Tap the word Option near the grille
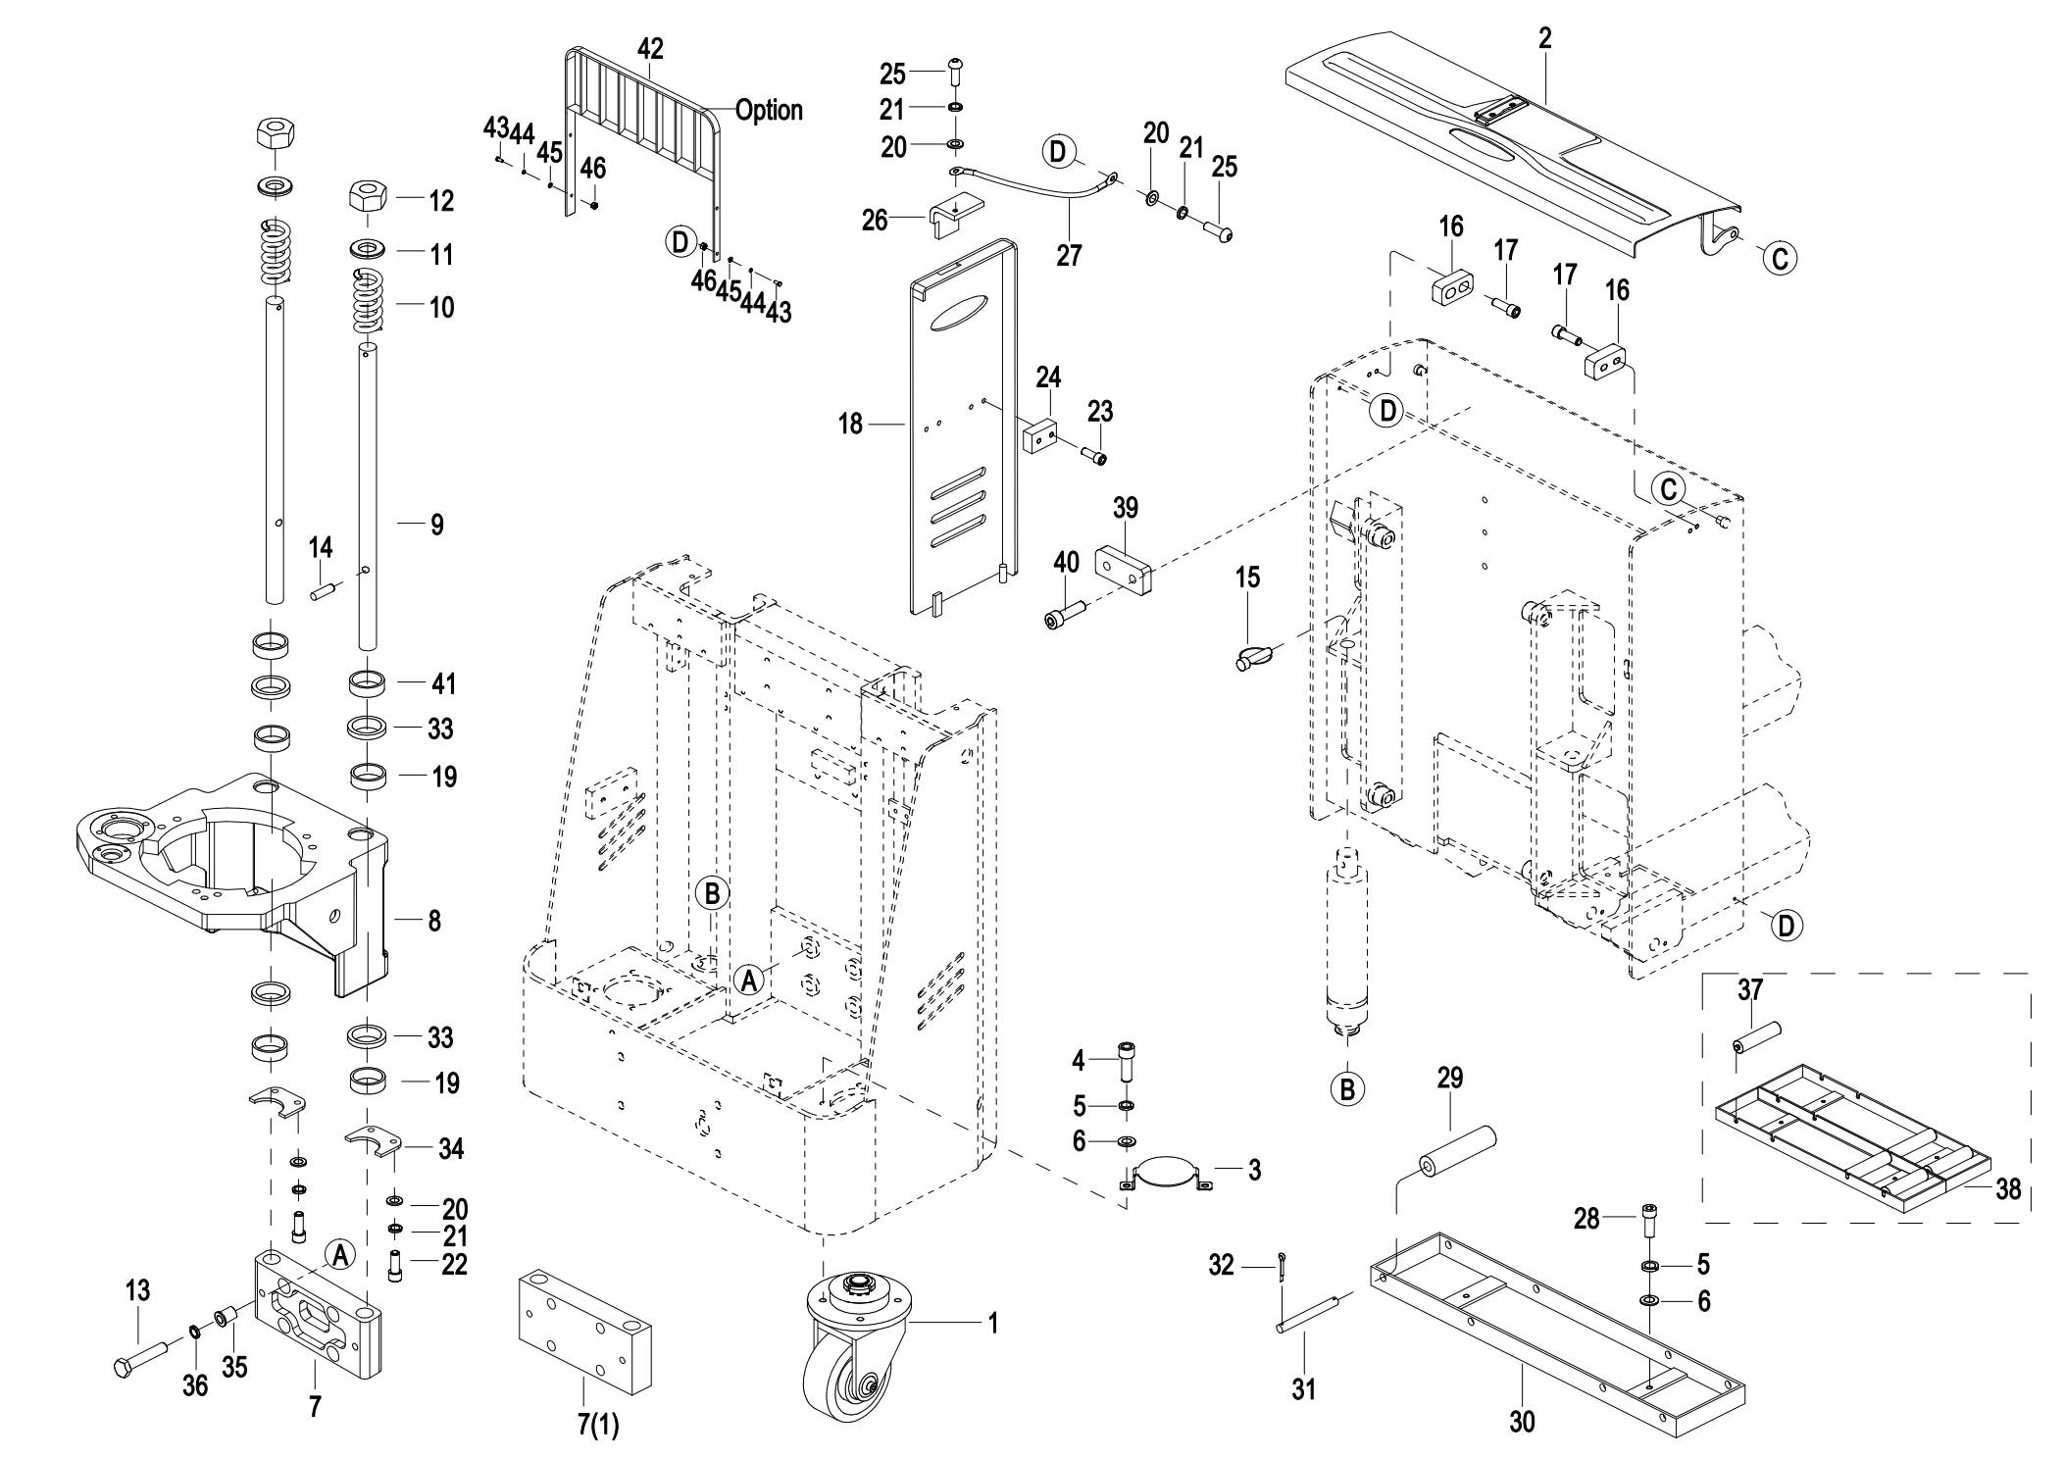(x=769, y=110)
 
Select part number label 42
(x=650, y=49)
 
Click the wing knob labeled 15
(x=1257, y=657)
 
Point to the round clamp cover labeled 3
(x=1167, y=1172)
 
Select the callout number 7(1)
(x=597, y=1425)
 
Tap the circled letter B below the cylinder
(x=1347, y=1088)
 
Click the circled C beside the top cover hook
(x=1781, y=258)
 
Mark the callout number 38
(x=2008, y=1189)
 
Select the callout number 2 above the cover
(x=1545, y=39)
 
